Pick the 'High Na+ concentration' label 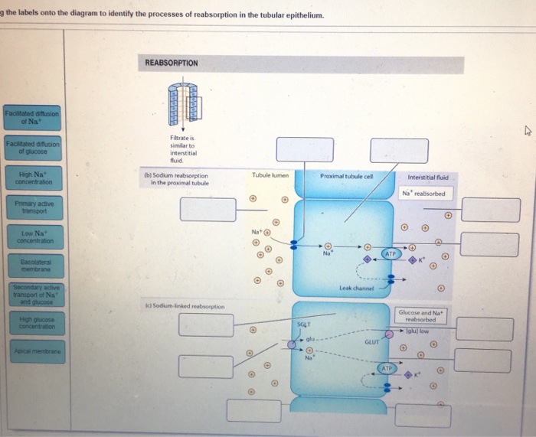click(33, 178)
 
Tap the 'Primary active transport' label click(33, 207)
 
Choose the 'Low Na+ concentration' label click(33, 236)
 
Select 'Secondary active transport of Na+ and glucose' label click(33, 295)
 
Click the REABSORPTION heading click(172, 63)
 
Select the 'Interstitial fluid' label click(428, 176)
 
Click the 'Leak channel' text click(355, 288)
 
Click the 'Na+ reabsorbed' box click(423, 194)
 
